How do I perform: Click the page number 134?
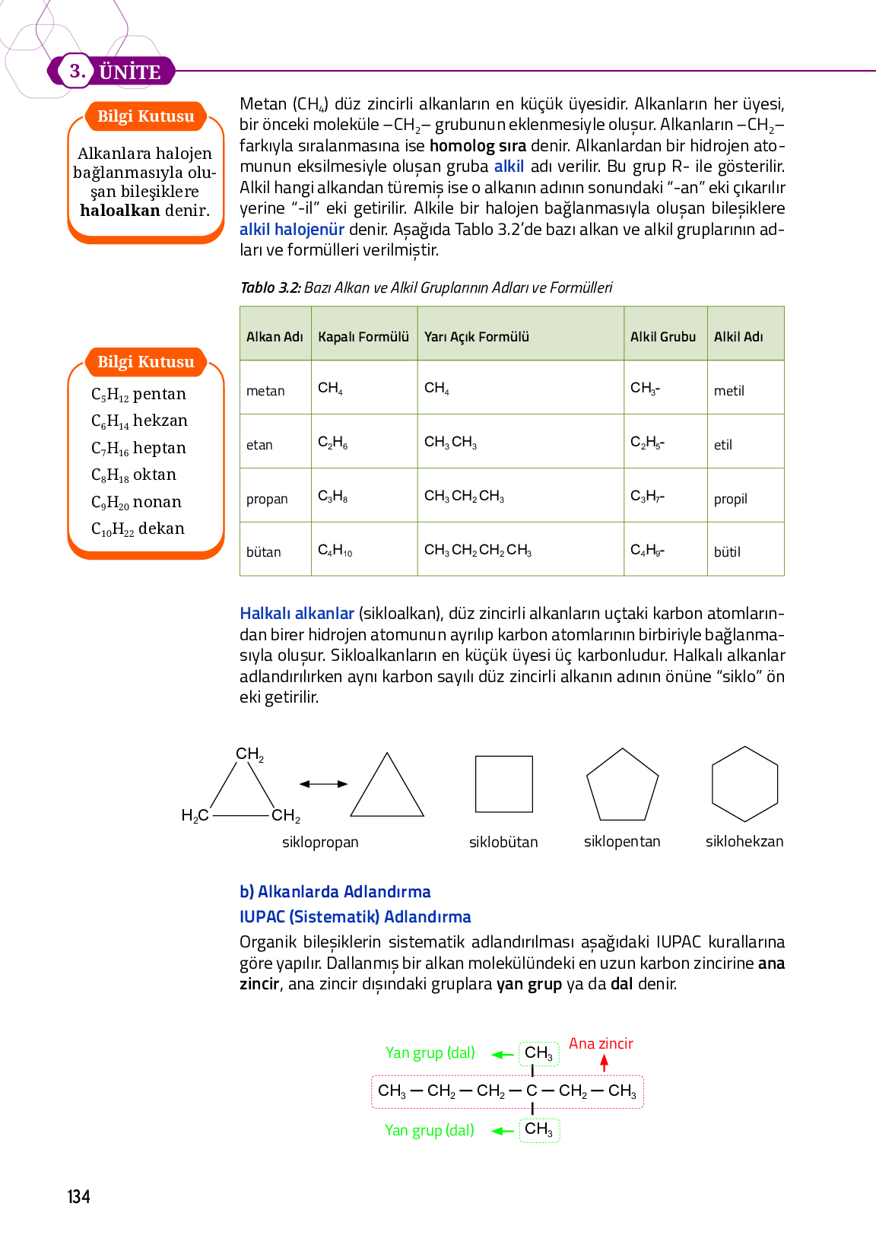point(79,1197)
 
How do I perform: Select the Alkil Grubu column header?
point(663,337)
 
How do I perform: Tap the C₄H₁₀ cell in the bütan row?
point(335,550)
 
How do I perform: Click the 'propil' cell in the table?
point(730,499)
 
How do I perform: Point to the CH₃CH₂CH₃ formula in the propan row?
point(464,497)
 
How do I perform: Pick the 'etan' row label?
point(259,445)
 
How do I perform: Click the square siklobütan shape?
point(503,784)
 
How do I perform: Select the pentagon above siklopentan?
point(622,786)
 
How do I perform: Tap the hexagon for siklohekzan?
point(744,784)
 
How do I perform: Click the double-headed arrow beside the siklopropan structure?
point(323,784)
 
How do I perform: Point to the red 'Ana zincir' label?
point(601,1044)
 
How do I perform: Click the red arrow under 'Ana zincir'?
point(605,1063)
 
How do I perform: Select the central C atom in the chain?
point(532,1091)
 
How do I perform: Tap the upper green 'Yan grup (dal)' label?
point(430,1053)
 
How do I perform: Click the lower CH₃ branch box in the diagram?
point(539,1130)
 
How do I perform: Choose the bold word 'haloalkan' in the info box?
point(120,211)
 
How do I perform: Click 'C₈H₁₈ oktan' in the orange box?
point(134,475)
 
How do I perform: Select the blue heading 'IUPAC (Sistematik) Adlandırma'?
point(355,917)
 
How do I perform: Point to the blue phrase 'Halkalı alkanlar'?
point(297,614)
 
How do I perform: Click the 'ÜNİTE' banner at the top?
point(129,72)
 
